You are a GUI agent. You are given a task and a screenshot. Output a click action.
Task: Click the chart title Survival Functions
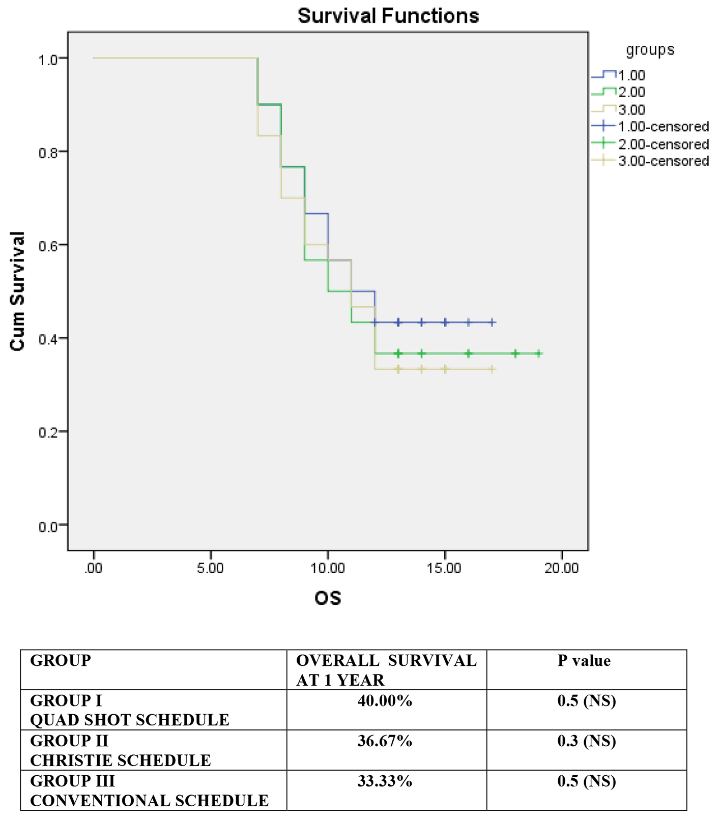point(388,16)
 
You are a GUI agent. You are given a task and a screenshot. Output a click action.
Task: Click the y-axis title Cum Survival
point(18,291)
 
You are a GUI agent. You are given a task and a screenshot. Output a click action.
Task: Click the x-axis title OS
point(327,598)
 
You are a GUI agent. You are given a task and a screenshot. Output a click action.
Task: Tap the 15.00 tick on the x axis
point(445,568)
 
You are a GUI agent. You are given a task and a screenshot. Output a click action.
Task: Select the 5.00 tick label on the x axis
point(211,568)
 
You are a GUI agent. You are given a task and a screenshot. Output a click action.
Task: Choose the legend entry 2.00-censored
point(662,144)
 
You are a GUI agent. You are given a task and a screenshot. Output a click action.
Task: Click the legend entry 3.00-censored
point(662,161)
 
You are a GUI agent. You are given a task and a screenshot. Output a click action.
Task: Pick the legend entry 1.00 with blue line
point(631,76)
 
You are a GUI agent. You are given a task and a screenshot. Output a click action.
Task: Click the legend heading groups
point(650,50)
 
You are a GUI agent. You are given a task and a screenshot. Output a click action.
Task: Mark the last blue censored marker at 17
point(492,322)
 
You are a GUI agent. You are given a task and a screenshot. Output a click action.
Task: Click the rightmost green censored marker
point(538,354)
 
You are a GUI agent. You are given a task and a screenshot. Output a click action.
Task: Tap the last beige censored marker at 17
point(492,369)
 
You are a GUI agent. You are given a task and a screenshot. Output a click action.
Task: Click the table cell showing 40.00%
point(385,701)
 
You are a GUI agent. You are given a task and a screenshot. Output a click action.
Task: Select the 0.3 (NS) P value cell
point(586,741)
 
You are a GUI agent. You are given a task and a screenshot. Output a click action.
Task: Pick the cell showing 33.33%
point(385,781)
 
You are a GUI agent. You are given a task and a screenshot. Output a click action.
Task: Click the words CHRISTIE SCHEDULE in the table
point(121,760)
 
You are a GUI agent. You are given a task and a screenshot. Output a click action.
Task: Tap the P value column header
point(584,661)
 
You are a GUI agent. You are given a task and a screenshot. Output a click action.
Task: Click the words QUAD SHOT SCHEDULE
point(130,720)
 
